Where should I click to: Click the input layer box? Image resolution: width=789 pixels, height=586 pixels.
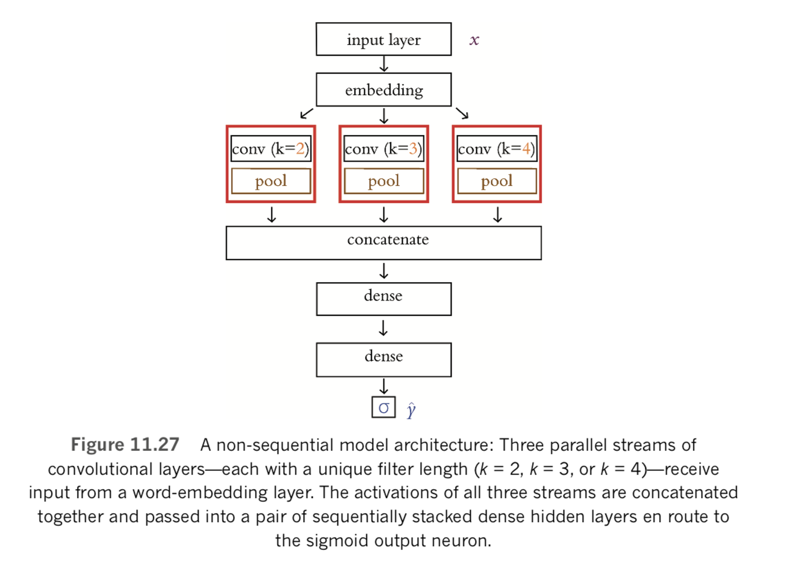pyautogui.click(x=383, y=39)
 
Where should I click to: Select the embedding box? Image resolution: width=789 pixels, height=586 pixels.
pyautogui.click(x=383, y=90)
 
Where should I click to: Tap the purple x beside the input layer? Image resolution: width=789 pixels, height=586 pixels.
pyautogui.click(x=474, y=40)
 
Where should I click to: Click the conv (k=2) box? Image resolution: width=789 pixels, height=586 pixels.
pyautogui.click(x=270, y=148)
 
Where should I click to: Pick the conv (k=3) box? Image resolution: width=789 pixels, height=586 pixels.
pyautogui.click(x=383, y=148)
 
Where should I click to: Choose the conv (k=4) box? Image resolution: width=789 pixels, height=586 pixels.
pyautogui.click(x=496, y=148)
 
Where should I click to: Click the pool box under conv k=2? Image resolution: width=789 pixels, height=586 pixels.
pyautogui.click(x=270, y=181)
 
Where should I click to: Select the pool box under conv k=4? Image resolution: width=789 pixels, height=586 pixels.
pyautogui.click(x=496, y=181)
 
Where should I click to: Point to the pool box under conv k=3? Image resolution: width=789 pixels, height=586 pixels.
pyautogui.click(x=383, y=181)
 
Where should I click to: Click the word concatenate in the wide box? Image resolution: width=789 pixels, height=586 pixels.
pyautogui.click(x=388, y=239)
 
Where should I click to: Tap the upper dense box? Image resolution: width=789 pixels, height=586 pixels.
pyautogui.click(x=383, y=299)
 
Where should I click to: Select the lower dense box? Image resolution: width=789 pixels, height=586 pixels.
pyautogui.click(x=383, y=359)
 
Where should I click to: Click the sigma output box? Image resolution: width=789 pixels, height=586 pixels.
pyautogui.click(x=383, y=407)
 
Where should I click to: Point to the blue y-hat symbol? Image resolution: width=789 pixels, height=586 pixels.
pyautogui.click(x=411, y=410)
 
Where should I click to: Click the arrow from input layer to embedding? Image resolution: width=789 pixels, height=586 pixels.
pyautogui.click(x=383, y=64)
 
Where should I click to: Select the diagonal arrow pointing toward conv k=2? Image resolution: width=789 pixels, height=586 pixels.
pyautogui.click(x=307, y=113)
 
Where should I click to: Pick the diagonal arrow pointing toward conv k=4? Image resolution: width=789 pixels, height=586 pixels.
pyautogui.click(x=462, y=113)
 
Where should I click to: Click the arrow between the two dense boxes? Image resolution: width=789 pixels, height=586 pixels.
pyautogui.click(x=383, y=328)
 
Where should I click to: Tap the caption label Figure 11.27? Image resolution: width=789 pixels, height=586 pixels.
pyautogui.click(x=125, y=445)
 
